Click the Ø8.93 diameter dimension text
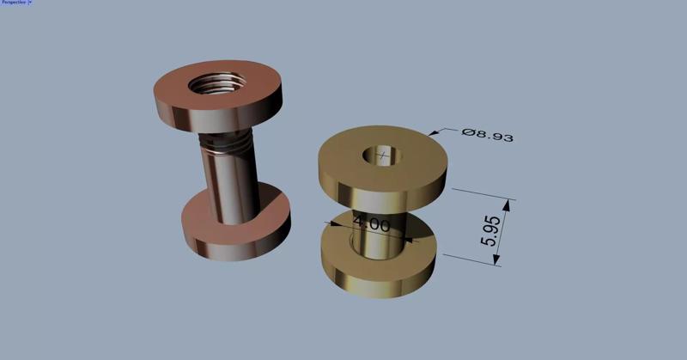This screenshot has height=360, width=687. tap(487, 135)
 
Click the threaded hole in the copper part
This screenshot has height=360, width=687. tap(218, 84)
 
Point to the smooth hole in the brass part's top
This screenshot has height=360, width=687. tap(384, 156)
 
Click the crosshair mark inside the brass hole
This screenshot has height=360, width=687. tap(382, 156)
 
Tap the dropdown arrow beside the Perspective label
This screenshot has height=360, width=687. tap(30, 3)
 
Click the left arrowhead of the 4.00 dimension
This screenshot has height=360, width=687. tap(329, 223)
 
